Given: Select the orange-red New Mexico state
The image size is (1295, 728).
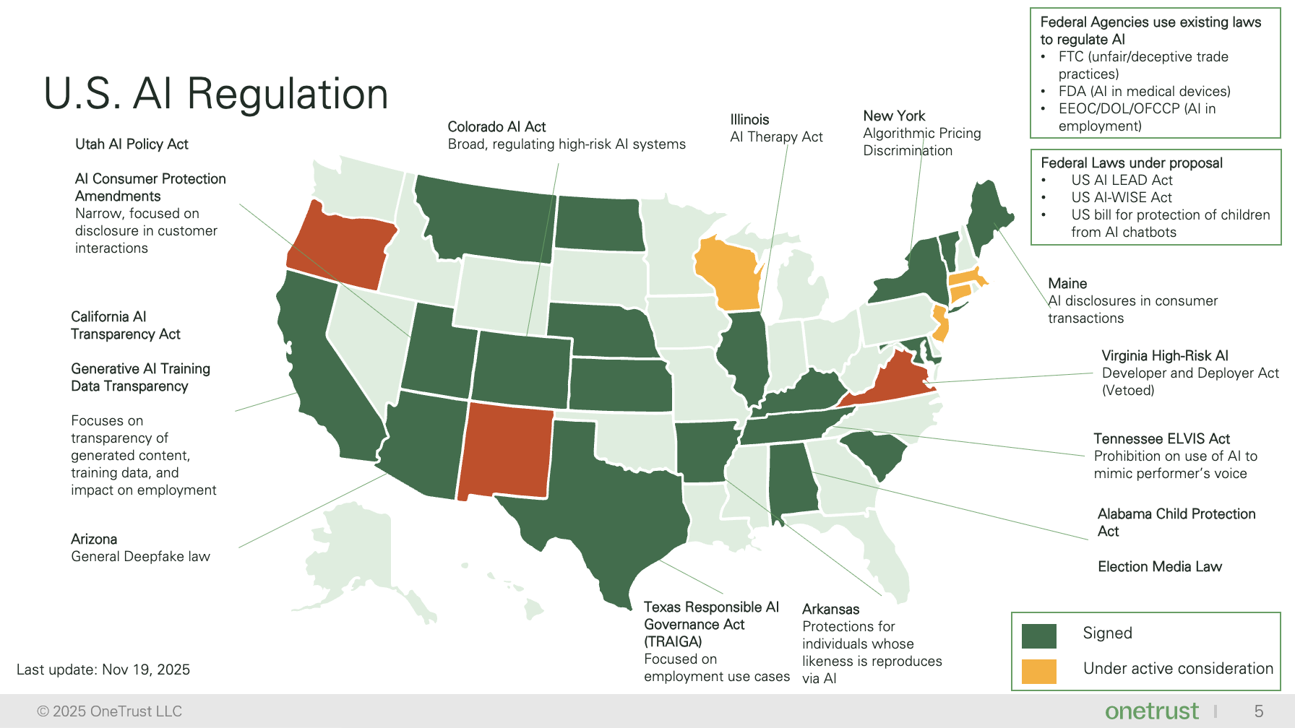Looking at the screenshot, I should [x=506, y=451].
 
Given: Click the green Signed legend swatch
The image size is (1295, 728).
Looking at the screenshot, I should [x=1039, y=636].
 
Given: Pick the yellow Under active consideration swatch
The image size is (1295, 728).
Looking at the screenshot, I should [x=1039, y=671].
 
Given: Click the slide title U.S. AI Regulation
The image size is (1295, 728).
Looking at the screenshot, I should [x=216, y=94].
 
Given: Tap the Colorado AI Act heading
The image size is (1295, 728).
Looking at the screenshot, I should [x=496, y=127].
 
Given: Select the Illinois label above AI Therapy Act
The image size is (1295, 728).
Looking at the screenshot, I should [x=749, y=120].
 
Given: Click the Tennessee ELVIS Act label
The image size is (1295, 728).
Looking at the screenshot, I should [x=1161, y=439].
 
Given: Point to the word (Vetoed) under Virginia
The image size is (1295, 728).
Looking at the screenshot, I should [x=1128, y=391].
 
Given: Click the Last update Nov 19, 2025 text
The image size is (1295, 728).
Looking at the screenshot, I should [x=103, y=669].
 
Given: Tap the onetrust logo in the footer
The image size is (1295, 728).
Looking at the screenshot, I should [x=1151, y=711].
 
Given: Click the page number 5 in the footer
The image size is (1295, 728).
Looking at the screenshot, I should [x=1258, y=711].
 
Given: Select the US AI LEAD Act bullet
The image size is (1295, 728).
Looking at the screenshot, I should [x=1122, y=181].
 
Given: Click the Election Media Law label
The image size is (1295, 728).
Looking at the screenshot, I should [x=1159, y=567].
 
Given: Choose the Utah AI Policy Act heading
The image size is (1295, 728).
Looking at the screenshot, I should [x=132, y=144].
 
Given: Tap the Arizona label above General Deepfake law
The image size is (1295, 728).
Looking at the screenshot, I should [x=94, y=539].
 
